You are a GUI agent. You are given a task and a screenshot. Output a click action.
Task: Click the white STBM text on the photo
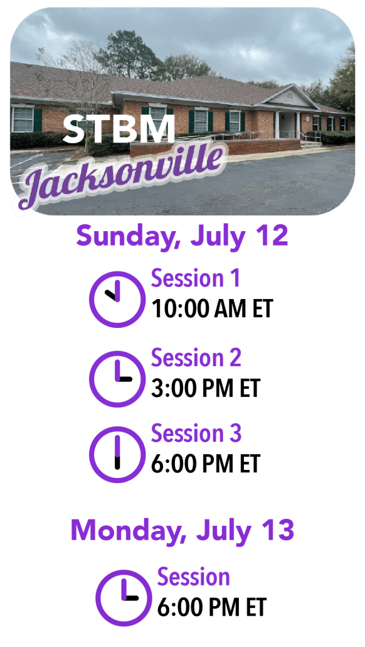(119, 129)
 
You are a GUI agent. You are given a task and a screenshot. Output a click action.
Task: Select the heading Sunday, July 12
(182, 237)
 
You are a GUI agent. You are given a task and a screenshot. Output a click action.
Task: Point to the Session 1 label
(195, 278)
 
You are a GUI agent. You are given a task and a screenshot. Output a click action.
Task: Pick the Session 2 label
(196, 357)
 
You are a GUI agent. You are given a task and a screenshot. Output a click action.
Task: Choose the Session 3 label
(196, 433)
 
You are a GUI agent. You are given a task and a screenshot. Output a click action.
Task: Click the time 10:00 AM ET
(212, 308)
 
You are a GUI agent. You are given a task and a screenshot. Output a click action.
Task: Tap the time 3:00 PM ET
(206, 388)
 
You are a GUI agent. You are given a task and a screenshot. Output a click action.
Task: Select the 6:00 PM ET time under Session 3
(206, 464)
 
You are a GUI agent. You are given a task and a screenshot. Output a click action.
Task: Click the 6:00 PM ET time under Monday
(212, 607)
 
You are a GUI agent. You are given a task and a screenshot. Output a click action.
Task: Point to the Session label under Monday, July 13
(193, 577)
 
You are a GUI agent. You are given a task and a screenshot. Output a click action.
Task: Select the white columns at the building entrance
(288, 124)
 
